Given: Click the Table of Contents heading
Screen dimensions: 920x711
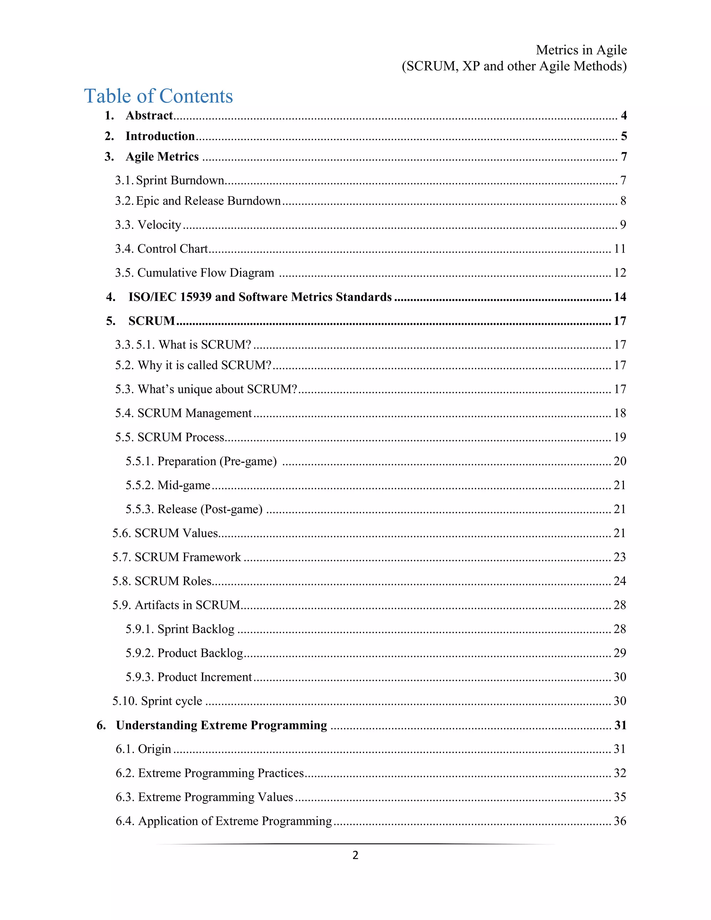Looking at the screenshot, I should pyautogui.click(x=158, y=96).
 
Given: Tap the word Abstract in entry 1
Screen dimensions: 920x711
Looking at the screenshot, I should pyautogui.click(x=149, y=115).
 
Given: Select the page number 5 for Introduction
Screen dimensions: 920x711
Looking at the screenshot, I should pyautogui.click(x=624, y=136).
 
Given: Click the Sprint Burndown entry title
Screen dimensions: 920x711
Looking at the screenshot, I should pyautogui.click(x=180, y=180).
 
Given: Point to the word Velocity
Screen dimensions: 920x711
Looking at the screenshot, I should pyautogui.click(x=159, y=225).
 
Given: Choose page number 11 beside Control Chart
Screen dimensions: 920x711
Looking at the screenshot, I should pyautogui.click(x=620, y=249).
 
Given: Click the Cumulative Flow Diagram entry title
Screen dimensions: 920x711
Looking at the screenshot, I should pyautogui.click(x=206, y=273).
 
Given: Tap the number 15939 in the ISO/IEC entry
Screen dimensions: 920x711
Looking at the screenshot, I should pyautogui.click(x=195, y=297).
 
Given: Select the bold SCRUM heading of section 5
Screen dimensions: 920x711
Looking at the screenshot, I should pyautogui.click(x=152, y=321).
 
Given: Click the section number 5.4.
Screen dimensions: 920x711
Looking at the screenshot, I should pyautogui.click(x=125, y=413).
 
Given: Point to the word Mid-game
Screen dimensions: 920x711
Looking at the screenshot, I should pyautogui.click(x=184, y=485).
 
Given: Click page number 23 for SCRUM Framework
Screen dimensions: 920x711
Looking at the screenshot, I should pyautogui.click(x=620, y=557).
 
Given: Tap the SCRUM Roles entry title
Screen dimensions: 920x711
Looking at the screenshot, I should pyautogui.click(x=173, y=581).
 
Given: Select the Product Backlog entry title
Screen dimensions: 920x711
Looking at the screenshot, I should pyautogui.click(x=200, y=653).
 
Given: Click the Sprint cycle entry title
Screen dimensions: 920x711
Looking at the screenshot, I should pyautogui.click(x=172, y=701).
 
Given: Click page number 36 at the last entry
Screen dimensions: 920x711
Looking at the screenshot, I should pyautogui.click(x=620, y=821).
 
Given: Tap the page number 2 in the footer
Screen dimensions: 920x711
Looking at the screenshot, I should pyautogui.click(x=355, y=855).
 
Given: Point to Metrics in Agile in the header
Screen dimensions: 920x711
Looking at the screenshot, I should pyautogui.click(x=581, y=50).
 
